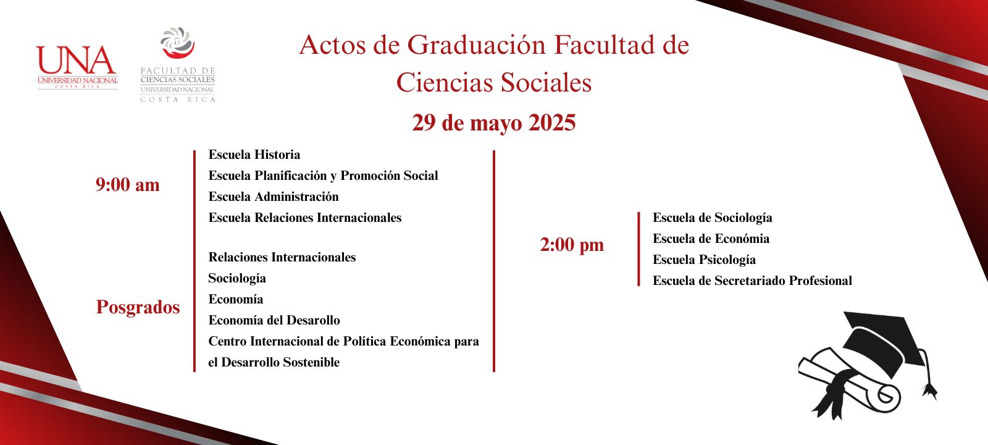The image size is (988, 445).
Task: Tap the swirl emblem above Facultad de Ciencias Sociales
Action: point(178,43)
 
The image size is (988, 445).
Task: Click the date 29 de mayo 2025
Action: point(493,123)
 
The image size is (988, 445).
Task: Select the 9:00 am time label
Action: point(127,185)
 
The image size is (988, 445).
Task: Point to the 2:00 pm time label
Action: point(572,245)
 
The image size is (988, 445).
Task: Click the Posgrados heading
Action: point(138,307)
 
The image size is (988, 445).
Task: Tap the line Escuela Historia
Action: point(254,155)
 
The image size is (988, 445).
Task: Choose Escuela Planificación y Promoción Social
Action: point(323,176)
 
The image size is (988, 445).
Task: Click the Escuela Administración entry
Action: point(274,197)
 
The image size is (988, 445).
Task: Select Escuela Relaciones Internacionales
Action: point(305,218)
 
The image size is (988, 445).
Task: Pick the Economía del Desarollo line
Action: point(274,320)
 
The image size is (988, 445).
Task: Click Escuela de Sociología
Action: point(713,218)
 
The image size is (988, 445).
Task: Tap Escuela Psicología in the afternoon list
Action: point(704,260)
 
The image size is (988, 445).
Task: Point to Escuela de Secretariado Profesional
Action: point(752,281)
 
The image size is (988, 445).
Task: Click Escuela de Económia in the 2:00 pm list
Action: point(711,239)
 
